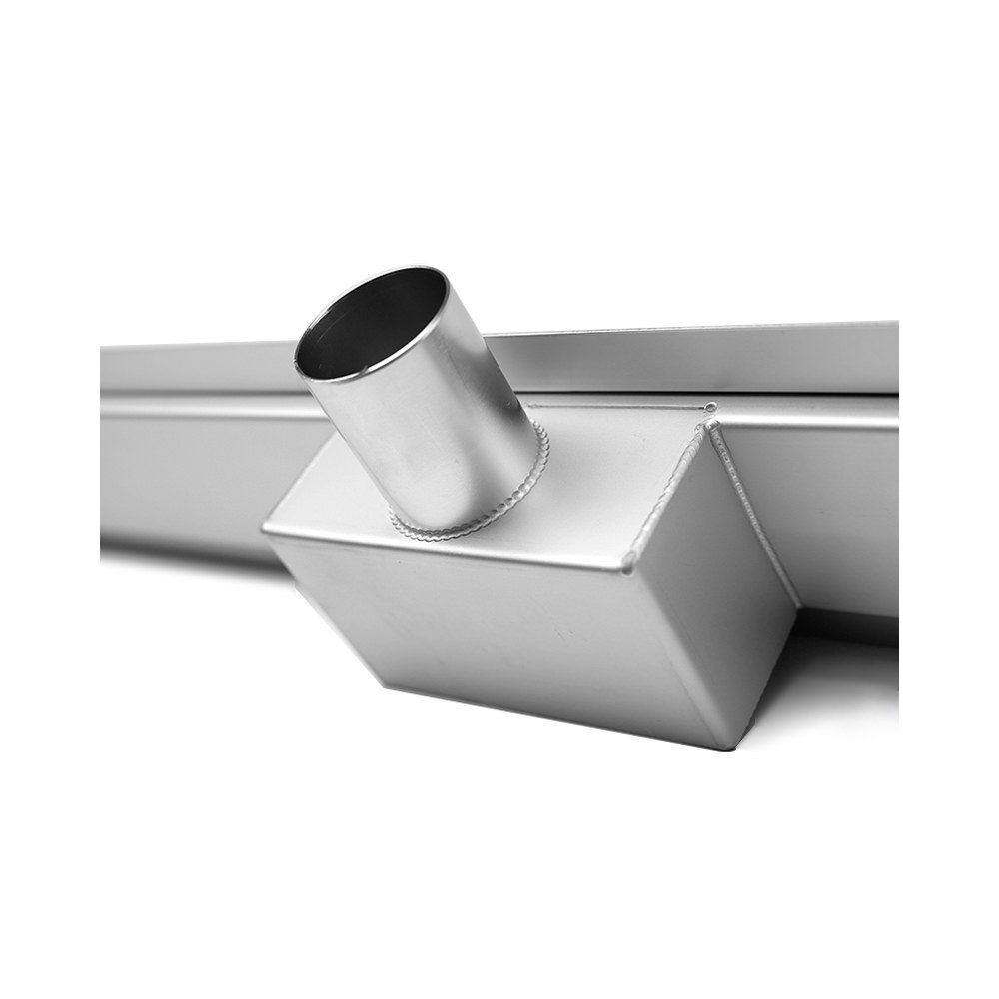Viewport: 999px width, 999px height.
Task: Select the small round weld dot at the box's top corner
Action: point(710,408)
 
